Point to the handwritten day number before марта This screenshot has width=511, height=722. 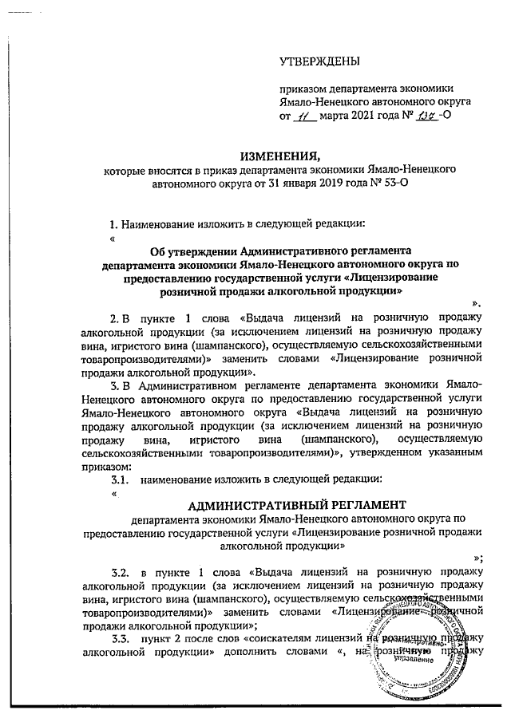302,116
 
